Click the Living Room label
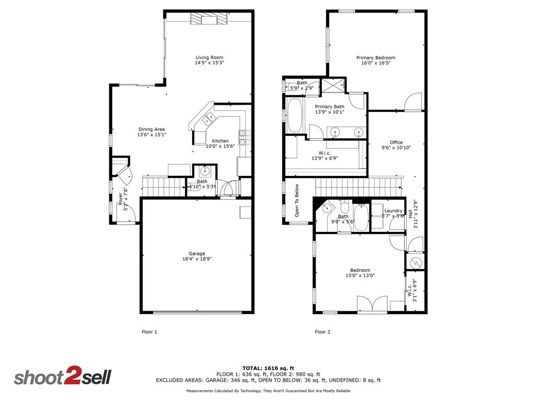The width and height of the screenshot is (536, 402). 209,58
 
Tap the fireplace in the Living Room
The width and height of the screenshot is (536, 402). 209,19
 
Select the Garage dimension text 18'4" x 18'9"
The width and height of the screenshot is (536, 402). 197,259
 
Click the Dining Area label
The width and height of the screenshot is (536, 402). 151,129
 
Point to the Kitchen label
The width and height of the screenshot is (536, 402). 220,141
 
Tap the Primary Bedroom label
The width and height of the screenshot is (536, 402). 375,58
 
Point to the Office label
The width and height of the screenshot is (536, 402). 396,142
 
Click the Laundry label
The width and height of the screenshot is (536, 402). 393,211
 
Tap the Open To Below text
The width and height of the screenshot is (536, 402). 297,200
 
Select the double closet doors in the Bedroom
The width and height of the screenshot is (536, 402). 372,305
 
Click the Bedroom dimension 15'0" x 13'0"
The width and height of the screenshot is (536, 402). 360,276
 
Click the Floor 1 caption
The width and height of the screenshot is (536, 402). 149,332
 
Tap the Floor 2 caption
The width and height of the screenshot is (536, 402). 322,332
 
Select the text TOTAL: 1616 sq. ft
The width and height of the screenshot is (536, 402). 268,368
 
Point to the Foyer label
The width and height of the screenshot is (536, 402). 120,198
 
